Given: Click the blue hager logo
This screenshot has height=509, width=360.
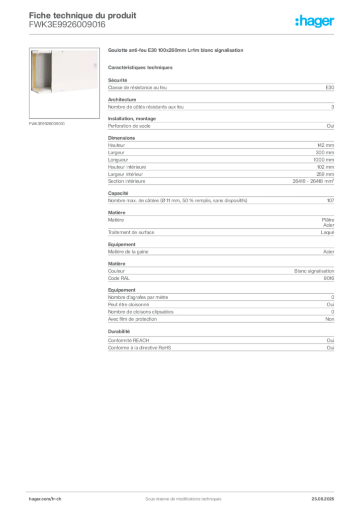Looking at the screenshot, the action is coord(315,21).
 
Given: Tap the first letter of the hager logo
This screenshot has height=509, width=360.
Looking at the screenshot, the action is coord(297,21).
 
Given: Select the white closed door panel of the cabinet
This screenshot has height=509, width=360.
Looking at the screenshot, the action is coord(75,70).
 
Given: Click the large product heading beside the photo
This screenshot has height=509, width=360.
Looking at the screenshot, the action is coord(177,51).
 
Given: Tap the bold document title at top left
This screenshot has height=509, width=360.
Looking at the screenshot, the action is coord(83,13).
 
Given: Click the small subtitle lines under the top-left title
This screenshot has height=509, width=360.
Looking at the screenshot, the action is coord(68,26).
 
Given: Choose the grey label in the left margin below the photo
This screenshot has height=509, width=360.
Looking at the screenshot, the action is coord(48,123).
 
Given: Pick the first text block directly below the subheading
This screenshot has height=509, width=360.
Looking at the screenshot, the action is coord(220,86).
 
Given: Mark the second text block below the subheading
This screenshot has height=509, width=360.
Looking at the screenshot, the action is coord(220,104).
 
